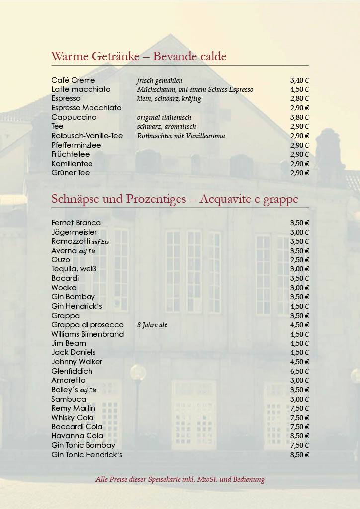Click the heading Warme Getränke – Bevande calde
[139, 57]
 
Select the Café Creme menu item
[73, 80]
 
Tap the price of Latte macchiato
[300, 89]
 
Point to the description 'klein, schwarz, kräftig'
[169, 99]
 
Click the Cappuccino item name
[74, 117]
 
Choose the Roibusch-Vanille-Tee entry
[87, 136]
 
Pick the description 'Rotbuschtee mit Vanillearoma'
[181, 136]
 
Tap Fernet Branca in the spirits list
[76, 223]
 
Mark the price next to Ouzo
[300, 260]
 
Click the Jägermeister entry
[74, 232]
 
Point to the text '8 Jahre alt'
[152, 325]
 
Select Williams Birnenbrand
[88, 334]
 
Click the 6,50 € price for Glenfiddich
[300, 371]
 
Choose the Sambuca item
[69, 399]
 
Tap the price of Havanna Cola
[300, 436]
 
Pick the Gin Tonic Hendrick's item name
[87, 455]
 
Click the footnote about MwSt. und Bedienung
[180, 480]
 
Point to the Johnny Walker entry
[75, 362]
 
